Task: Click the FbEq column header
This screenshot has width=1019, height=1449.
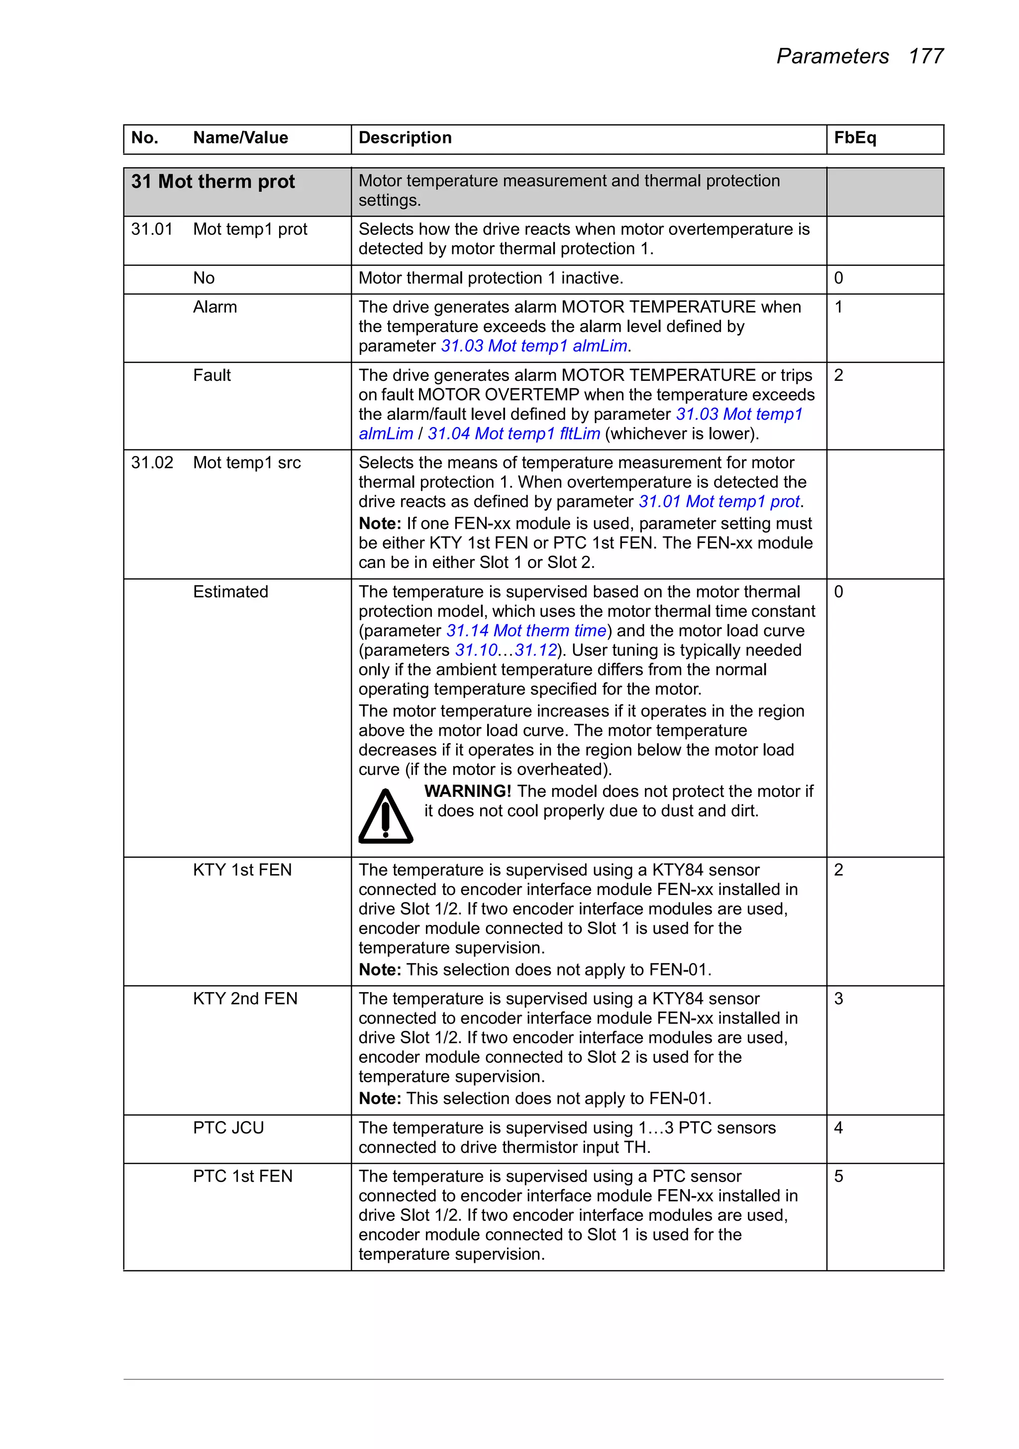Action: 854,137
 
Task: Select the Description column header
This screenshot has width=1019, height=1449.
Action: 405,137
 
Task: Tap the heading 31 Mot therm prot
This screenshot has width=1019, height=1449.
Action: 212,182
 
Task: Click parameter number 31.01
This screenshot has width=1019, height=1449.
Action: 151,229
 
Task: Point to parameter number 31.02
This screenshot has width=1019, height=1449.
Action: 151,462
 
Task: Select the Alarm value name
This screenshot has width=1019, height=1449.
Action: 214,307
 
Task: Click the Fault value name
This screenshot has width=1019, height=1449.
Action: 211,375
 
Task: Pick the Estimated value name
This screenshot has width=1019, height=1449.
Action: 230,592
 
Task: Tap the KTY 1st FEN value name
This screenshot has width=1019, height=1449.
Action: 242,870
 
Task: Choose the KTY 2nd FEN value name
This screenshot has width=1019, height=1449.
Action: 245,999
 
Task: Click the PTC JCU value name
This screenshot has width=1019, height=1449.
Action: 228,1128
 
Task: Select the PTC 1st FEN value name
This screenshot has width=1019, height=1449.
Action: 242,1176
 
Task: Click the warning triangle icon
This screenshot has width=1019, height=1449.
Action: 386,817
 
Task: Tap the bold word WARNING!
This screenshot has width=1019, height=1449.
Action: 467,791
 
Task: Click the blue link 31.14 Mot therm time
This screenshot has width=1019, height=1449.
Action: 526,631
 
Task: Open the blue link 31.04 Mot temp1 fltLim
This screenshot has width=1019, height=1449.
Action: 513,434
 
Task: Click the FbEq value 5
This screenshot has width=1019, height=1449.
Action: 838,1176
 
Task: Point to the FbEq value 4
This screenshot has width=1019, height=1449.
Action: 838,1128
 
